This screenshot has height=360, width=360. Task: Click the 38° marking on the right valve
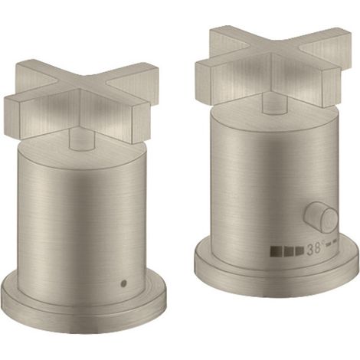pyautogui.click(x=316, y=249)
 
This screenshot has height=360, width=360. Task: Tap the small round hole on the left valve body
pyautogui.click(x=124, y=283)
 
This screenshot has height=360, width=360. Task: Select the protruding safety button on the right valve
pyautogui.click(x=321, y=218)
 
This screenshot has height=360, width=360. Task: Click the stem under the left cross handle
pyautogui.click(x=82, y=139)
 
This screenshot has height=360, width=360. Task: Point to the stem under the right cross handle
pyautogui.click(x=275, y=104)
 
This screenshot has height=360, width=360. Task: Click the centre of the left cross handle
pyautogui.click(x=81, y=95)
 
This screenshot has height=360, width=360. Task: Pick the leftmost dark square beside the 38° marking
pyautogui.click(x=275, y=250)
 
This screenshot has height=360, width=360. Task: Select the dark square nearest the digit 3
pyautogui.click(x=299, y=250)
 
